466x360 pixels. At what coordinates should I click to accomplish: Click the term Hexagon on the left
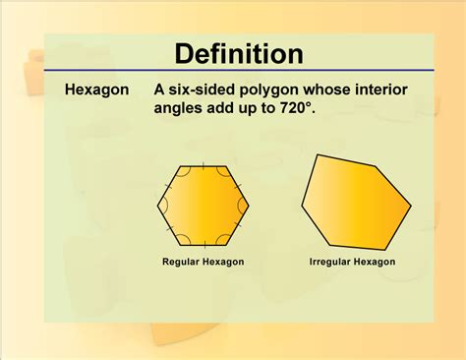point(96,90)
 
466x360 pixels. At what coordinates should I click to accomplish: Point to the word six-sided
point(201,90)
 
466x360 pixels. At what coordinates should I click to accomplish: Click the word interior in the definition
point(379,90)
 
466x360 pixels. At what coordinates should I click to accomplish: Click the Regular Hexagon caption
point(204,262)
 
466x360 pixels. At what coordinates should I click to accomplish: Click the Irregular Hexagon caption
point(352,262)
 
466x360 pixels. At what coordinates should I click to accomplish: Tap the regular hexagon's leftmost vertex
point(157,206)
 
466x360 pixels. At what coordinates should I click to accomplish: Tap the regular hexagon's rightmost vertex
point(250,206)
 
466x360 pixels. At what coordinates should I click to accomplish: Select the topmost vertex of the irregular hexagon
point(317,154)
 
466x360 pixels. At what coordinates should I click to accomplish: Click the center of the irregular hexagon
point(354,204)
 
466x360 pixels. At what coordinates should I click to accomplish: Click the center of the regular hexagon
point(204,206)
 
